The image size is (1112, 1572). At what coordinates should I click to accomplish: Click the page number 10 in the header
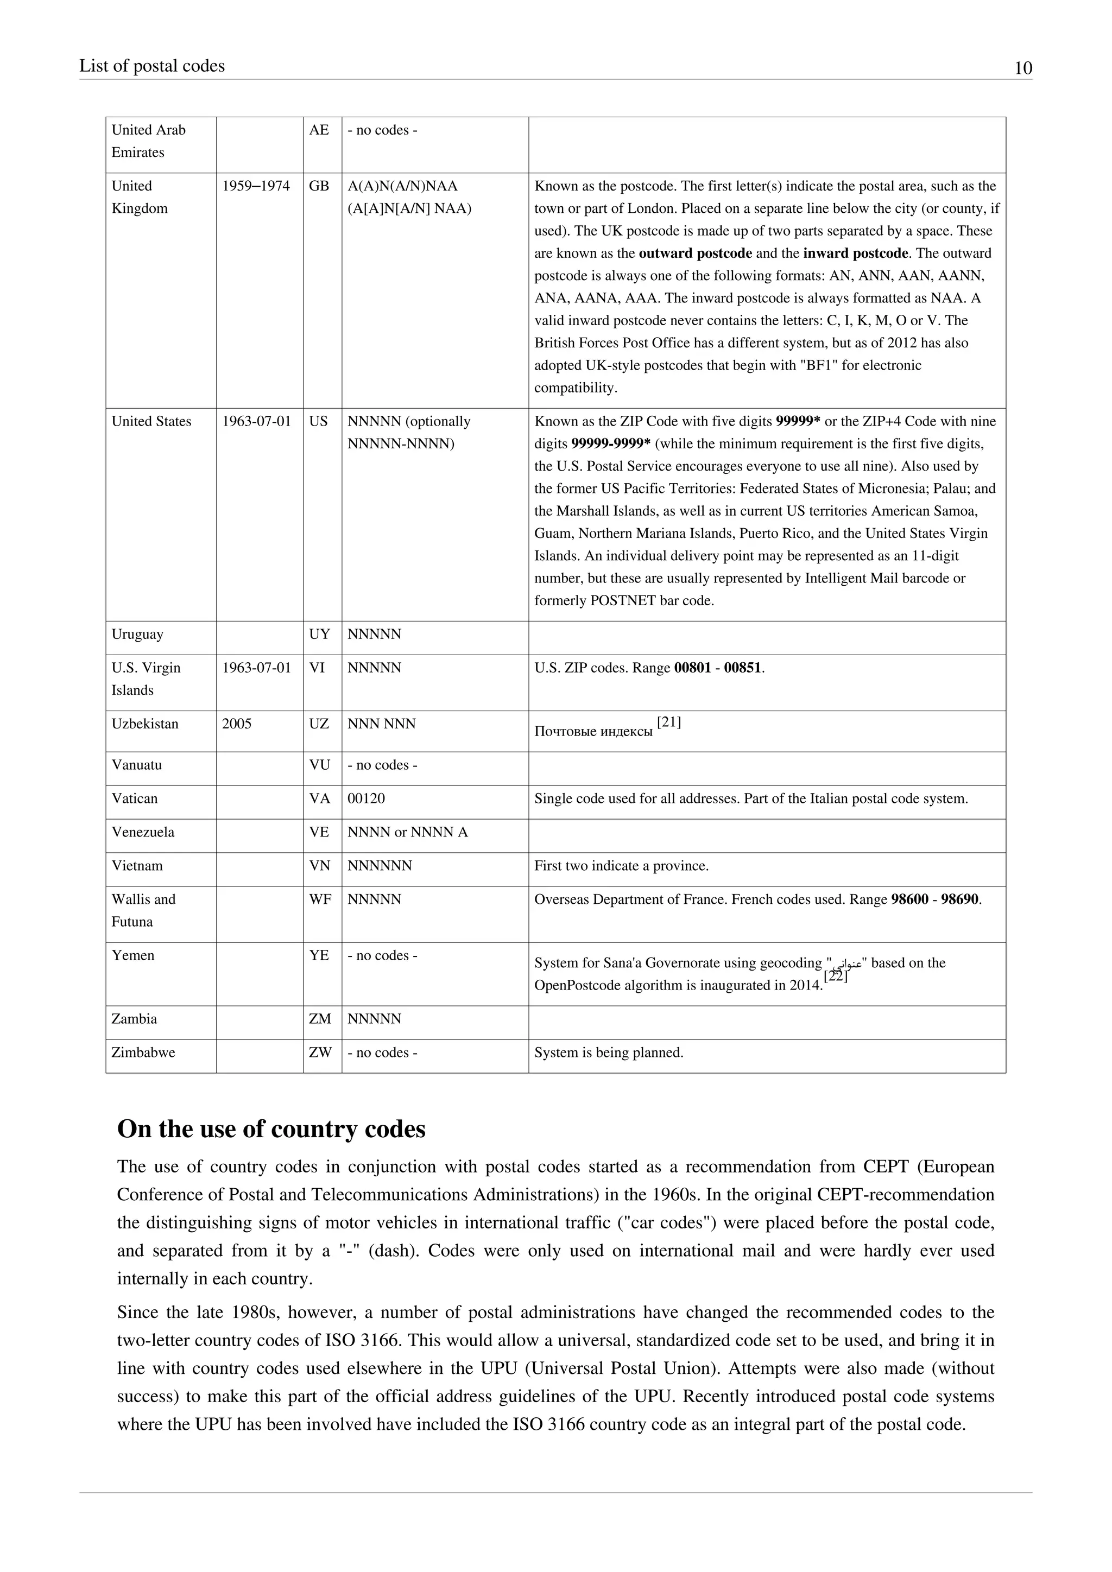tap(1022, 68)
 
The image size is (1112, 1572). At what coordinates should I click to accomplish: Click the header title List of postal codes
tap(152, 66)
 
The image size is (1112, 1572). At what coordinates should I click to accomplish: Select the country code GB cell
tap(319, 186)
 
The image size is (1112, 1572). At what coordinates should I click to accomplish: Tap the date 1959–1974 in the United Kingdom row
tap(255, 186)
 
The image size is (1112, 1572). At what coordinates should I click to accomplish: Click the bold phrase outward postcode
tap(695, 253)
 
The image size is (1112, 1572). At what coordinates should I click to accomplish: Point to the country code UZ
tap(319, 724)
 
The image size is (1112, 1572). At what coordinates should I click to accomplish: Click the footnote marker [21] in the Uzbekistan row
tap(668, 722)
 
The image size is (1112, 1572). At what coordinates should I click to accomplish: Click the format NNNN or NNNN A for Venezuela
tap(407, 832)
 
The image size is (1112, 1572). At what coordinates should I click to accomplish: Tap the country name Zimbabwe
tap(143, 1053)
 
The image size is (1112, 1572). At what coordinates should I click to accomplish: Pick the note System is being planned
tap(609, 1053)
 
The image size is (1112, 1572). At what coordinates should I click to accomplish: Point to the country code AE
tap(319, 130)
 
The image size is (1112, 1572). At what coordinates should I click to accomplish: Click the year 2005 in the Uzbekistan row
tap(237, 724)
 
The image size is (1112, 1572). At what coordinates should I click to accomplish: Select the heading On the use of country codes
tap(271, 1129)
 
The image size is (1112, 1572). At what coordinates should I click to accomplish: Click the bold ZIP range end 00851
tap(742, 668)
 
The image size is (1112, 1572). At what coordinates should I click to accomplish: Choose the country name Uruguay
tap(137, 634)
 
